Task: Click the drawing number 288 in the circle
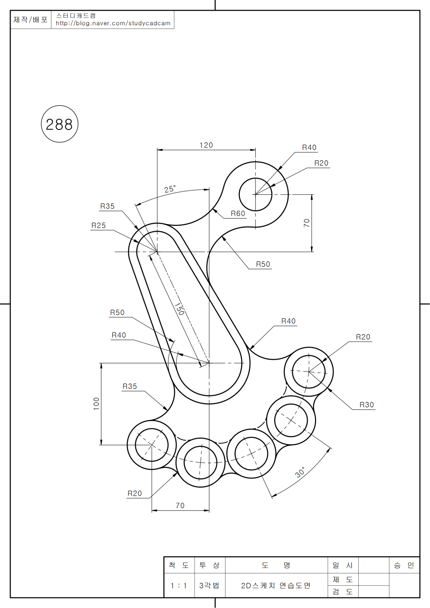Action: pyautogui.click(x=59, y=125)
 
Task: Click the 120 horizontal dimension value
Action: pyautogui.click(x=206, y=145)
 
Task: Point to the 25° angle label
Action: pyautogui.click(x=170, y=189)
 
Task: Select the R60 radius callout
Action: pyautogui.click(x=238, y=214)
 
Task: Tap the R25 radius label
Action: pyautogui.click(x=99, y=226)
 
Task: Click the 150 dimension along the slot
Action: pyautogui.click(x=179, y=309)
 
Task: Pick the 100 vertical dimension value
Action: pyautogui.click(x=96, y=404)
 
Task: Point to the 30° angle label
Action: pyautogui.click(x=300, y=472)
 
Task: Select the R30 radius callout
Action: pyautogui.click(x=367, y=405)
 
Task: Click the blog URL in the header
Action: pyautogui.click(x=113, y=24)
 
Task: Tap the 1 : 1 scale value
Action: pyautogui.click(x=178, y=586)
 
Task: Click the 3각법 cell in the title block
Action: pyautogui.click(x=209, y=586)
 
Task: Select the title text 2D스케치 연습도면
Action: pyautogui.click(x=276, y=586)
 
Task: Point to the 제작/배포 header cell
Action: pyautogui.click(x=30, y=20)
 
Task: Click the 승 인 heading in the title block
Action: pyautogui.click(x=404, y=565)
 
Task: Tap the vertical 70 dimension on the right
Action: pyautogui.click(x=307, y=223)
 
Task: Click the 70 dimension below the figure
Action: pyautogui.click(x=180, y=506)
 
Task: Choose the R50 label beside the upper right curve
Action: pyautogui.click(x=263, y=264)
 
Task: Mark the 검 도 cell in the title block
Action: pyautogui.click(x=343, y=592)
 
